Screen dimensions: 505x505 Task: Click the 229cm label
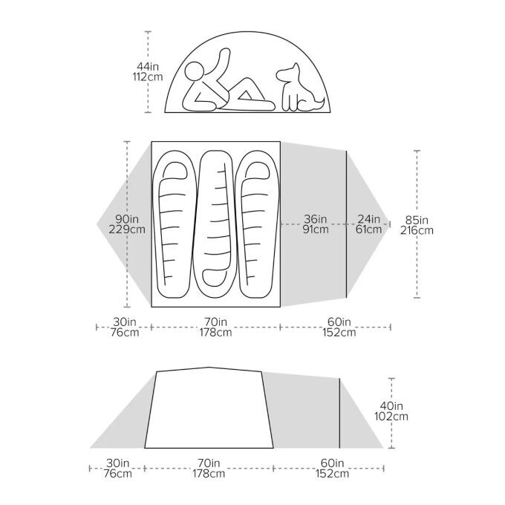point(128,229)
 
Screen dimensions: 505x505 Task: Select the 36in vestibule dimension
point(315,219)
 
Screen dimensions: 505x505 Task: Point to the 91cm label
point(315,229)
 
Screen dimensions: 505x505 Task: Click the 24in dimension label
point(368,219)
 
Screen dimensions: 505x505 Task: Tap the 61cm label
point(368,229)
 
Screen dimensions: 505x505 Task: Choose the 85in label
point(417,219)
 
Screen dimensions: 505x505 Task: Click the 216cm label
point(417,230)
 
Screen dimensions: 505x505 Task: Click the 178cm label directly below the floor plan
point(215,333)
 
